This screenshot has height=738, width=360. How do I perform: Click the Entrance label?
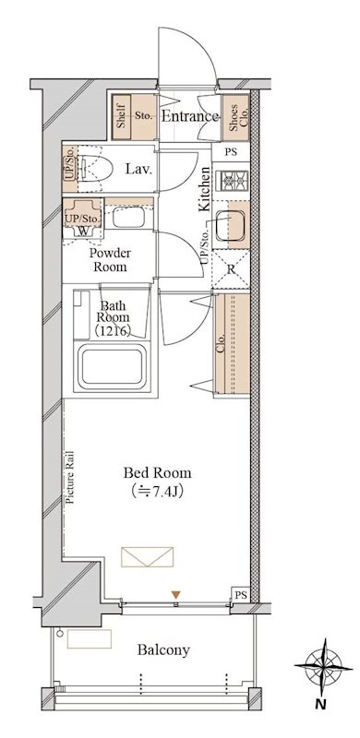click(x=190, y=116)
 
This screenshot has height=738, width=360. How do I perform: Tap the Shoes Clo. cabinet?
click(x=235, y=117)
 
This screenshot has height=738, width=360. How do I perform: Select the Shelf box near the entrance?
click(x=121, y=117)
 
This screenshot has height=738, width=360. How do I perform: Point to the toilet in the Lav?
click(x=95, y=169)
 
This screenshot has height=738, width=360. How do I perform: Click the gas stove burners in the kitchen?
click(x=231, y=180)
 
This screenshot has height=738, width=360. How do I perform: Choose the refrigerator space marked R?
click(x=231, y=270)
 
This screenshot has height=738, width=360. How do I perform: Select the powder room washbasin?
click(x=128, y=218)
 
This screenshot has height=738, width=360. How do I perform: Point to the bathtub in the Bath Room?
click(x=114, y=367)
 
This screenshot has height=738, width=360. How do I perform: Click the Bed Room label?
click(x=157, y=472)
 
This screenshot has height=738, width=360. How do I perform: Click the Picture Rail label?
click(x=69, y=477)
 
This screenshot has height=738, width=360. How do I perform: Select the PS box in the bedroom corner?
click(x=241, y=594)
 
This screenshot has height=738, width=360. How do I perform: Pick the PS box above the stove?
click(x=231, y=152)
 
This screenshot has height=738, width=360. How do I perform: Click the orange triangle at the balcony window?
click(x=175, y=595)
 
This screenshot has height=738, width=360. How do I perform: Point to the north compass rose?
click(x=324, y=666)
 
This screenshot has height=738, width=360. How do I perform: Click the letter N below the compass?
click(x=320, y=705)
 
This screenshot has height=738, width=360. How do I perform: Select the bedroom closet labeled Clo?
click(x=232, y=344)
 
